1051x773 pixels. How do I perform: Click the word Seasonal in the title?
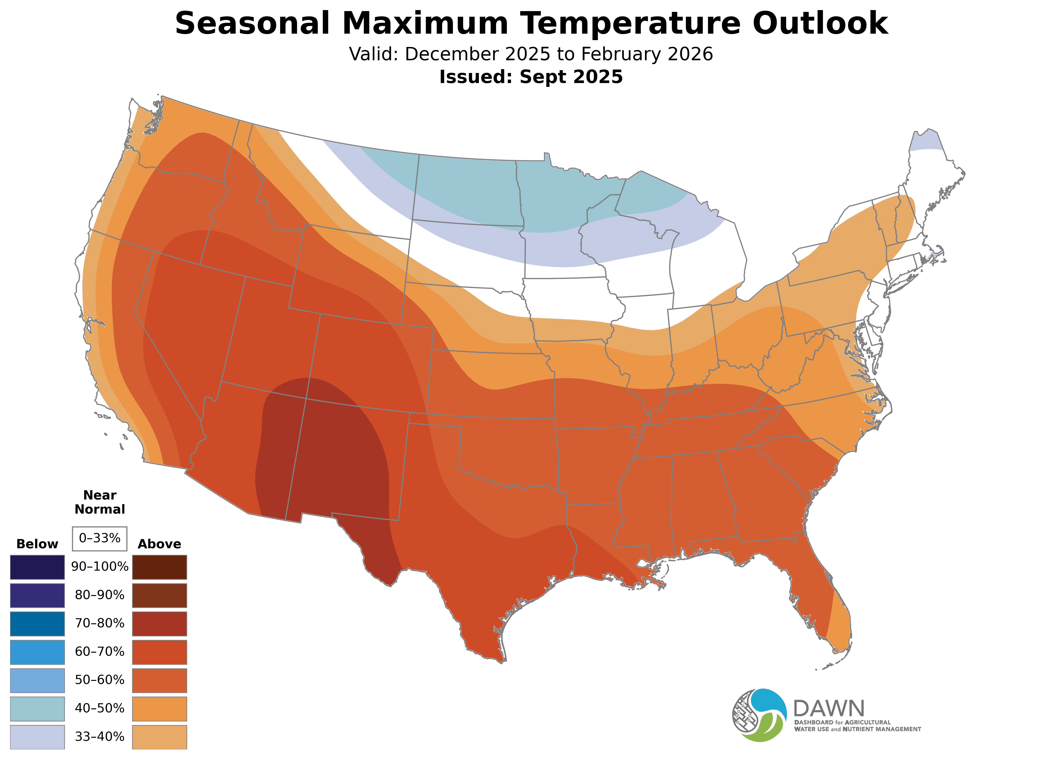click(x=252, y=23)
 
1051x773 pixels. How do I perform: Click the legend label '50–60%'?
click(x=100, y=680)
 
